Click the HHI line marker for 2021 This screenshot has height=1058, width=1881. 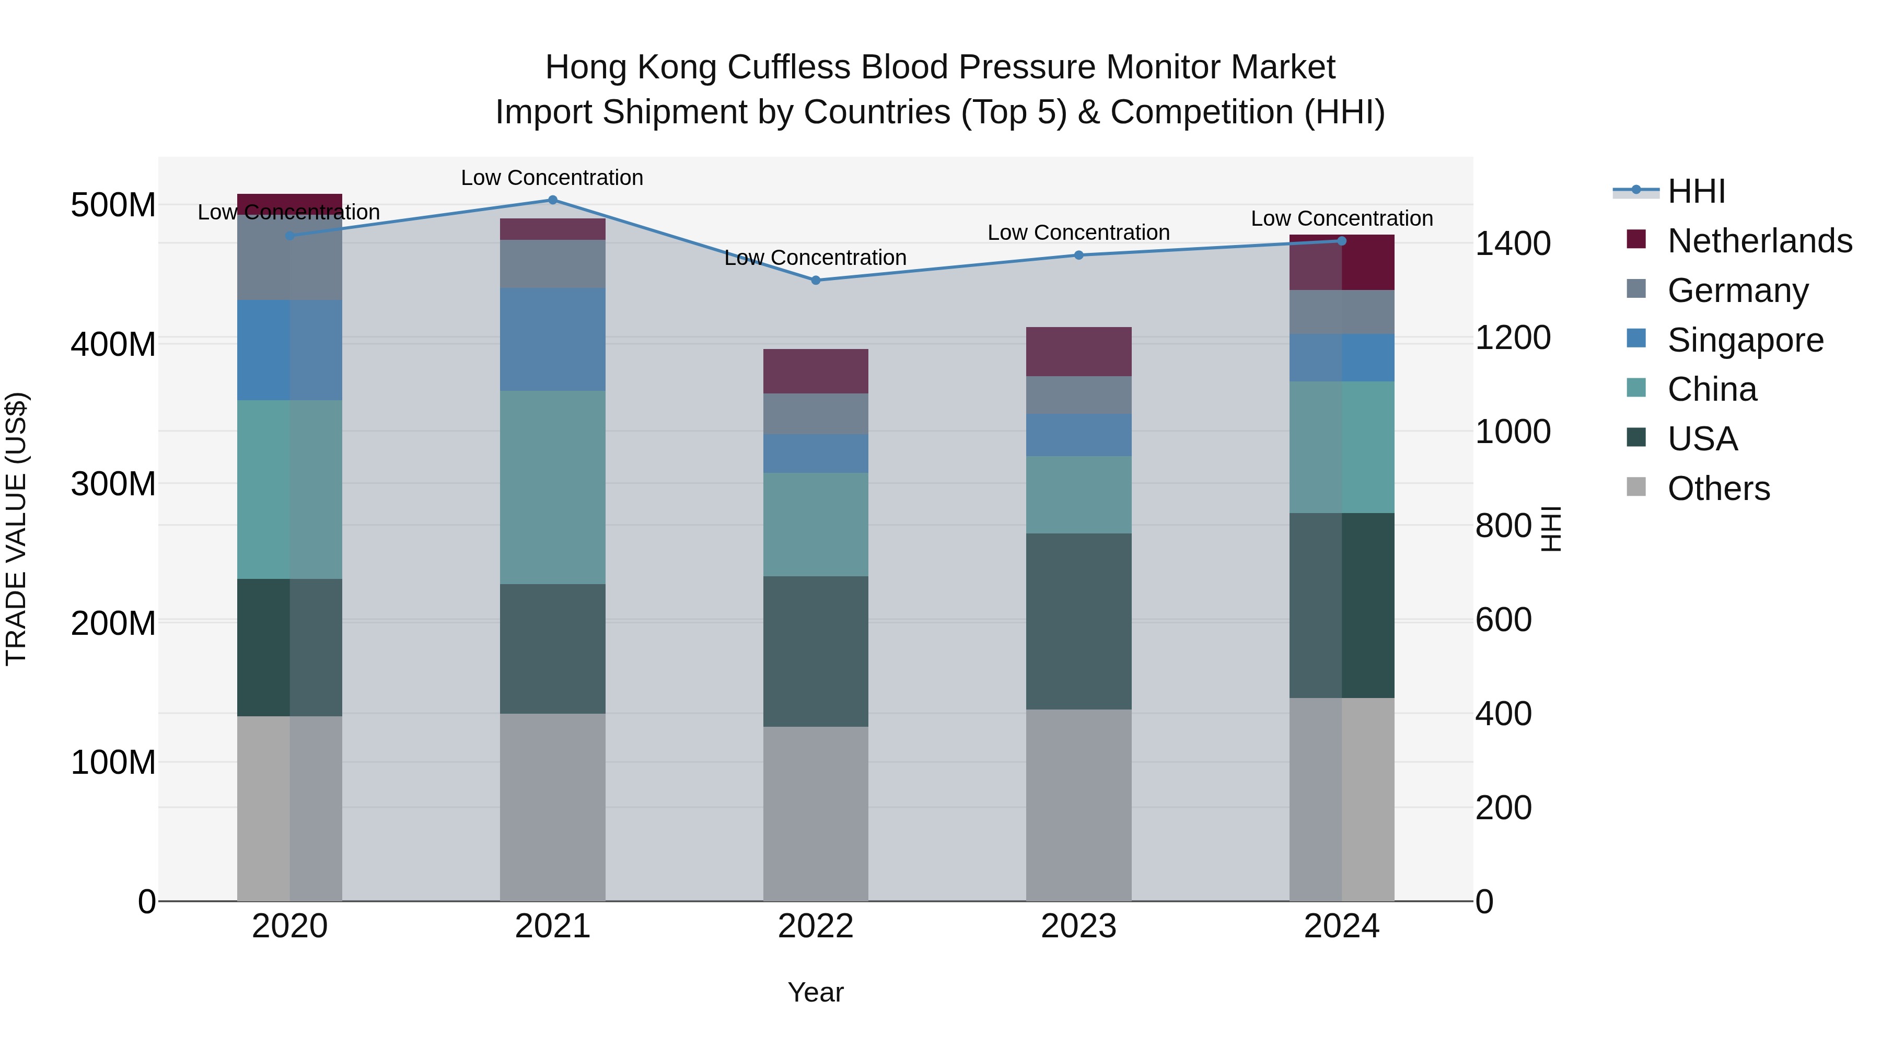[x=552, y=200]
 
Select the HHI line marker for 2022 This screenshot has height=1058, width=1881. [x=816, y=281]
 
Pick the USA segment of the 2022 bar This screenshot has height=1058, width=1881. [x=816, y=652]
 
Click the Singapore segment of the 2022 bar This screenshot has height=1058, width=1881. [x=816, y=454]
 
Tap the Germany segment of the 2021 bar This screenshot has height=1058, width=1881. [x=552, y=264]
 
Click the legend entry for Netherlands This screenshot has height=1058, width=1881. [x=1759, y=241]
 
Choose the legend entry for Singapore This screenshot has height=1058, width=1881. [x=1745, y=340]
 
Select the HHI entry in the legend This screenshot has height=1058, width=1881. [x=1696, y=191]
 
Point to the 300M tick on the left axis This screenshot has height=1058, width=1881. [x=113, y=483]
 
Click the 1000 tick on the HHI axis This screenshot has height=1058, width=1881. [x=1512, y=432]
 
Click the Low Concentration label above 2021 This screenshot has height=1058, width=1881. [x=552, y=178]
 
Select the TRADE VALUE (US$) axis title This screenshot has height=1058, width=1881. [x=16, y=529]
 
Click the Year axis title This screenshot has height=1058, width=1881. [x=816, y=992]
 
